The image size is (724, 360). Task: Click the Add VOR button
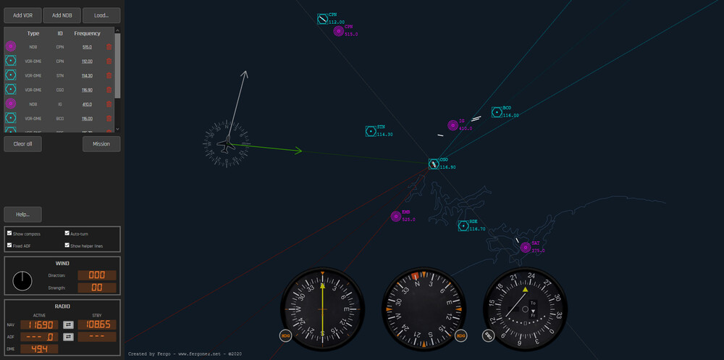22,15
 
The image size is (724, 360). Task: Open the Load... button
101,15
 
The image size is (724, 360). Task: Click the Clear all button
22,143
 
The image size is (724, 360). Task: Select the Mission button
101,143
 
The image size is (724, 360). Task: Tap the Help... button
22,214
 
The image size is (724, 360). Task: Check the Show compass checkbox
9,234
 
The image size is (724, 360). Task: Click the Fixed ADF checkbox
9,246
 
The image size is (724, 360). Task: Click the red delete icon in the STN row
109,75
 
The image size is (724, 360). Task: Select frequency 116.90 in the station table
87,90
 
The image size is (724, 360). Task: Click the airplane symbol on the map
227,145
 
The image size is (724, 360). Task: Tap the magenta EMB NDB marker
395,215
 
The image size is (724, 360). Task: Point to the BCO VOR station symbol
497,112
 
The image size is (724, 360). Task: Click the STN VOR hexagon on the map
370,131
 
